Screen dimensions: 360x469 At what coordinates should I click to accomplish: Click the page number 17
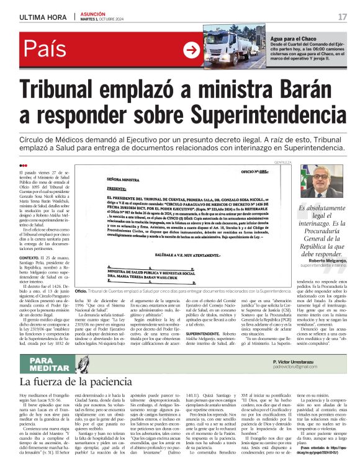(343, 16)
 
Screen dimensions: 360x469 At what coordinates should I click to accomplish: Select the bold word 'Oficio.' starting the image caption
(81, 291)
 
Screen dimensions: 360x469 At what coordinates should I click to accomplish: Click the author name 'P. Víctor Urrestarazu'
(299, 360)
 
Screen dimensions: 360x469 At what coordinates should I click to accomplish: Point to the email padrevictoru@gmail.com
(302, 367)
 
